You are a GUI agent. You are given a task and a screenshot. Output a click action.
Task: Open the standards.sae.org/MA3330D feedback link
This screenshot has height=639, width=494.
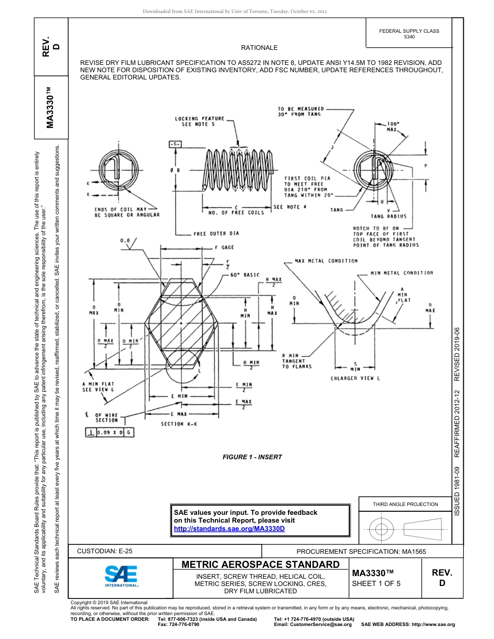tap(229, 528)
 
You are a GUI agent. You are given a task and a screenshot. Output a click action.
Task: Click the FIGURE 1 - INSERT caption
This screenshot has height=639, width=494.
tap(252, 457)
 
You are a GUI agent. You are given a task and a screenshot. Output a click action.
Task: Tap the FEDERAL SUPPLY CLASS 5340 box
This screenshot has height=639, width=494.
tap(409, 34)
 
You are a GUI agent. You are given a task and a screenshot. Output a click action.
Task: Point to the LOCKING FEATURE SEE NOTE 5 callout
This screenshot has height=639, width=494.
tap(199, 122)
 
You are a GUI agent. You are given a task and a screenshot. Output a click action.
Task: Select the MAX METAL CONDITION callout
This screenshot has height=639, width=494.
tap(326, 261)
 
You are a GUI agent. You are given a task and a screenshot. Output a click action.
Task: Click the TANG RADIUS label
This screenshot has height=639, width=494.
tap(388, 216)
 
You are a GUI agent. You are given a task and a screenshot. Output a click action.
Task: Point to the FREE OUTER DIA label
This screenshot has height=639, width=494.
tap(216, 234)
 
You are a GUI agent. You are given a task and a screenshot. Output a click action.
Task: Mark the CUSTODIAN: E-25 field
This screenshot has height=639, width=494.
tap(108, 551)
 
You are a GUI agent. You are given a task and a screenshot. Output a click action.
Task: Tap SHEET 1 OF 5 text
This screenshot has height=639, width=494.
tap(376, 583)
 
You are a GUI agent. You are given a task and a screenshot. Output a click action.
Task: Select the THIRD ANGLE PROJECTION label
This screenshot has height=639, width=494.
tap(405, 504)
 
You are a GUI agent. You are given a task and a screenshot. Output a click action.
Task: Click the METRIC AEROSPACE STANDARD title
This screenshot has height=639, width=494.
tap(261, 565)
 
